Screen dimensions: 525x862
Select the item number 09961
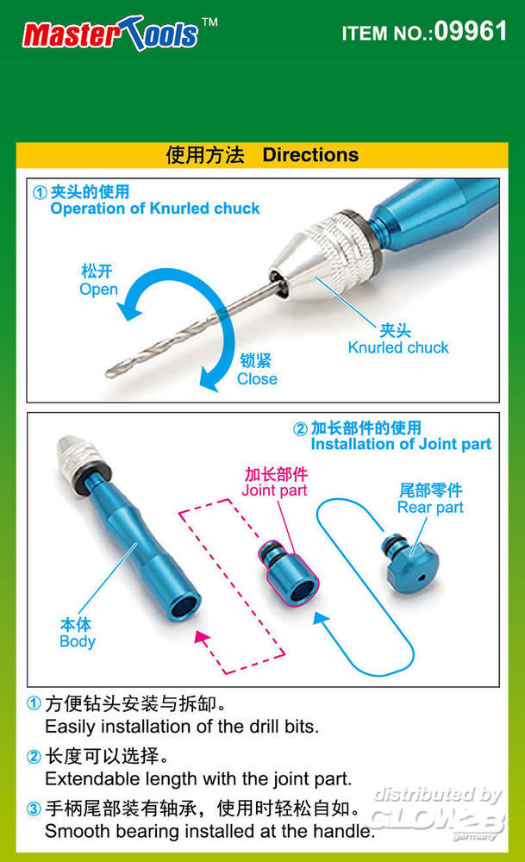[x=471, y=31]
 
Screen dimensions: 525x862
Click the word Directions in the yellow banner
[x=310, y=155]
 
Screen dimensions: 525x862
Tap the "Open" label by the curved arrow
[x=98, y=289]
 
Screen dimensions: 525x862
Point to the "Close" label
[x=257, y=378]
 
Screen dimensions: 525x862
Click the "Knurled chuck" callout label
[x=398, y=347]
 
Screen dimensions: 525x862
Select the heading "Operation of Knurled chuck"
[x=155, y=209]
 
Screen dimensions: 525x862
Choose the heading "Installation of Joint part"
[x=401, y=444]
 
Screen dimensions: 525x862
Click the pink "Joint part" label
[x=274, y=490]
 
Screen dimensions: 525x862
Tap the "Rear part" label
[x=430, y=507]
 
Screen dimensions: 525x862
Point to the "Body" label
[x=78, y=641]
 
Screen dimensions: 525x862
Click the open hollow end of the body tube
[x=184, y=606]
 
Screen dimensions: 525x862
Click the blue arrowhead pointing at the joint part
[x=321, y=618]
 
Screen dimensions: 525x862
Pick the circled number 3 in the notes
[x=34, y=809]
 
